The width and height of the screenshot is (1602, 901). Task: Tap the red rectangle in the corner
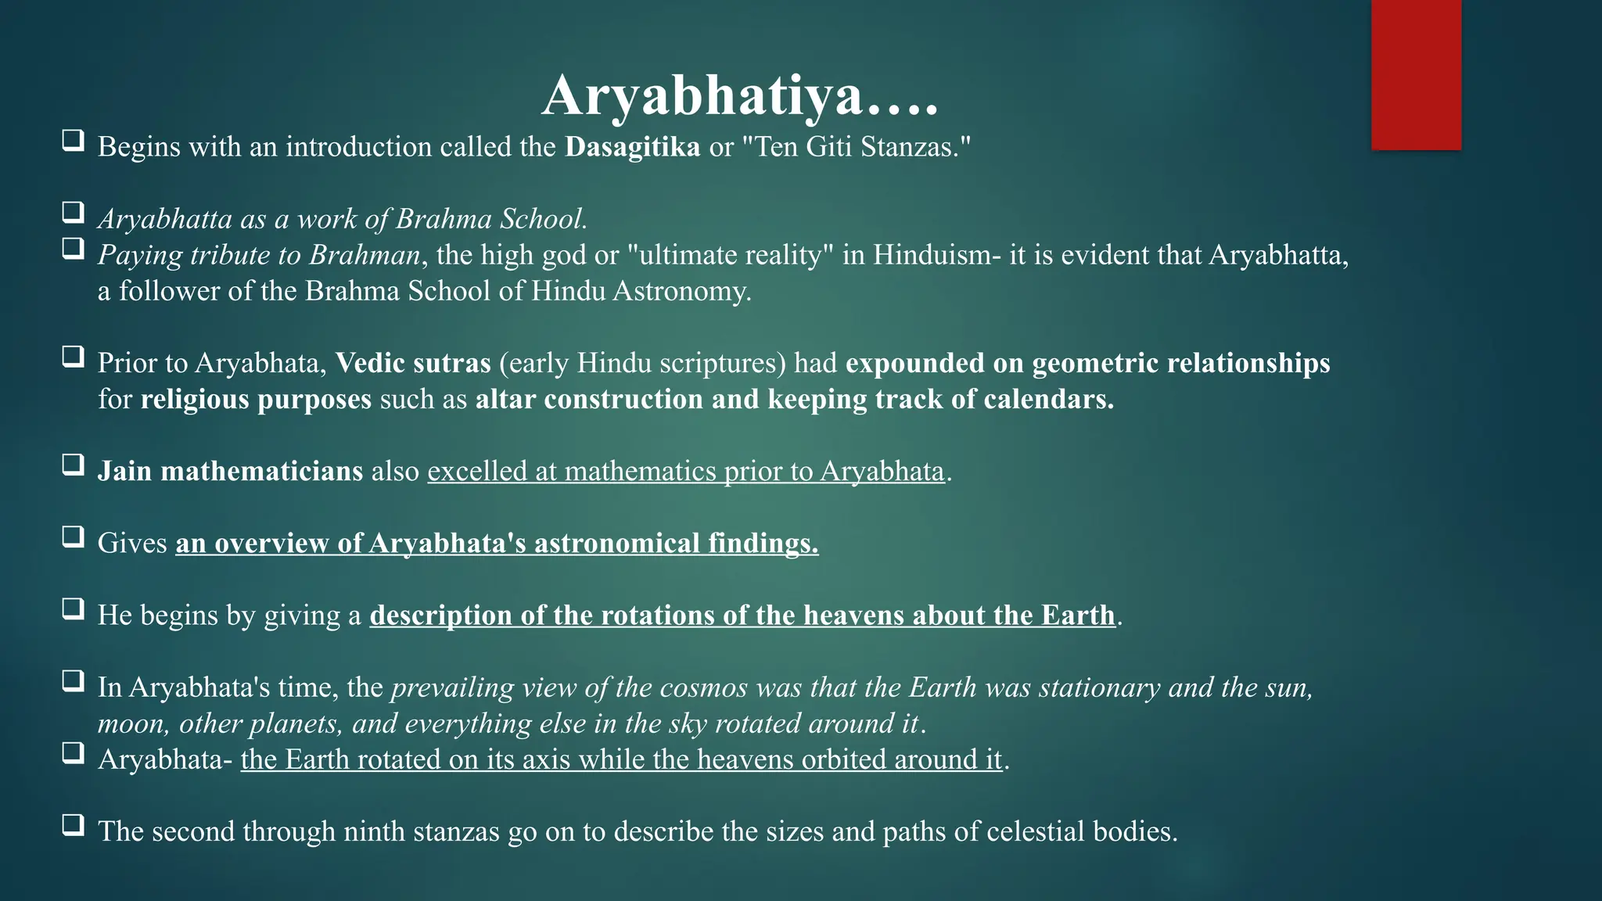coord(1416,74)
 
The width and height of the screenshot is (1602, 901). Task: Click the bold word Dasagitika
coord(632,147)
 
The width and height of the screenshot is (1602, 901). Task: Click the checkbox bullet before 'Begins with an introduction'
coord(74,142)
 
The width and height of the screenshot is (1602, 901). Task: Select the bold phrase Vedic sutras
coord(413,363)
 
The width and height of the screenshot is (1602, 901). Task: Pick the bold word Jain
coord(124,471)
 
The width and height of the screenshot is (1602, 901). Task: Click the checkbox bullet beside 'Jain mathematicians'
coord(74,465)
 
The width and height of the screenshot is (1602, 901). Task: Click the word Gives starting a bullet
coord(132,543)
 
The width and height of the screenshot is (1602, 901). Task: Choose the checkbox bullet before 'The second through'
coord(74,825)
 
